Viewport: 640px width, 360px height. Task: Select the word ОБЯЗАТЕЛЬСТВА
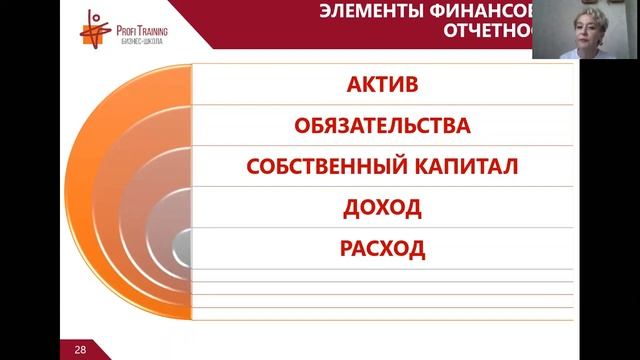pyautogui.click(x=383, y=126)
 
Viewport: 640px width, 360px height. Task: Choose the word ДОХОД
pyautogui.click(x=383, y=208)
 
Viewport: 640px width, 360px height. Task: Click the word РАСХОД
pyautogui.click(x=383, y=249)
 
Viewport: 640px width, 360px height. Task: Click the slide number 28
pyautogui.click(x=80, y=350)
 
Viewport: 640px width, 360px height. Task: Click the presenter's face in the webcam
pyautogui.click(x=579, y=27)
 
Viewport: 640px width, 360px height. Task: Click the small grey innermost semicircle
pyautogui.click(x=184, y=245)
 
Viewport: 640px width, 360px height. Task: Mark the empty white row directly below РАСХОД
pyautogui.click(x=383, y=275)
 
